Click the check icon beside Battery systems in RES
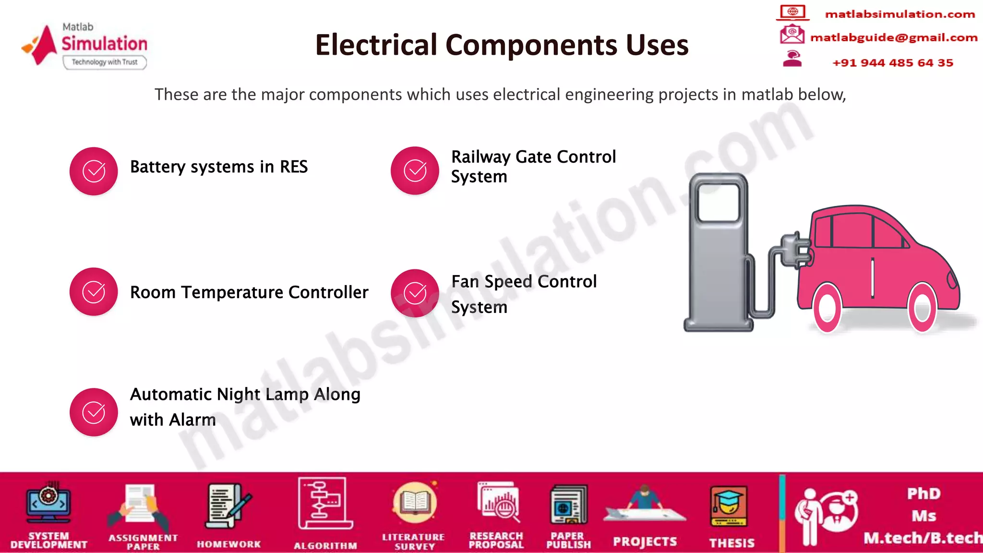point(94,171)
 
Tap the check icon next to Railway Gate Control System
point(415,170)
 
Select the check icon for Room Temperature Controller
point(94,291)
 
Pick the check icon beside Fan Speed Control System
point(415,293)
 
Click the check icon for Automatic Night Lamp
point(94,412)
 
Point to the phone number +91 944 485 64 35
point(892,63)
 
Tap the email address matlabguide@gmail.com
point(893,37)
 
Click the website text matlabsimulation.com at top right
point(899,14)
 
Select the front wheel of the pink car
point(922,308)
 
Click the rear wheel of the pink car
point(827,308)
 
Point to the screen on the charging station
point(719,203)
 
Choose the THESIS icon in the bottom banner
point(729,506)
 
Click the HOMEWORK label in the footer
point(229,544)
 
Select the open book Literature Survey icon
point(415,503)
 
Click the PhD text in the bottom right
point(923,493)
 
